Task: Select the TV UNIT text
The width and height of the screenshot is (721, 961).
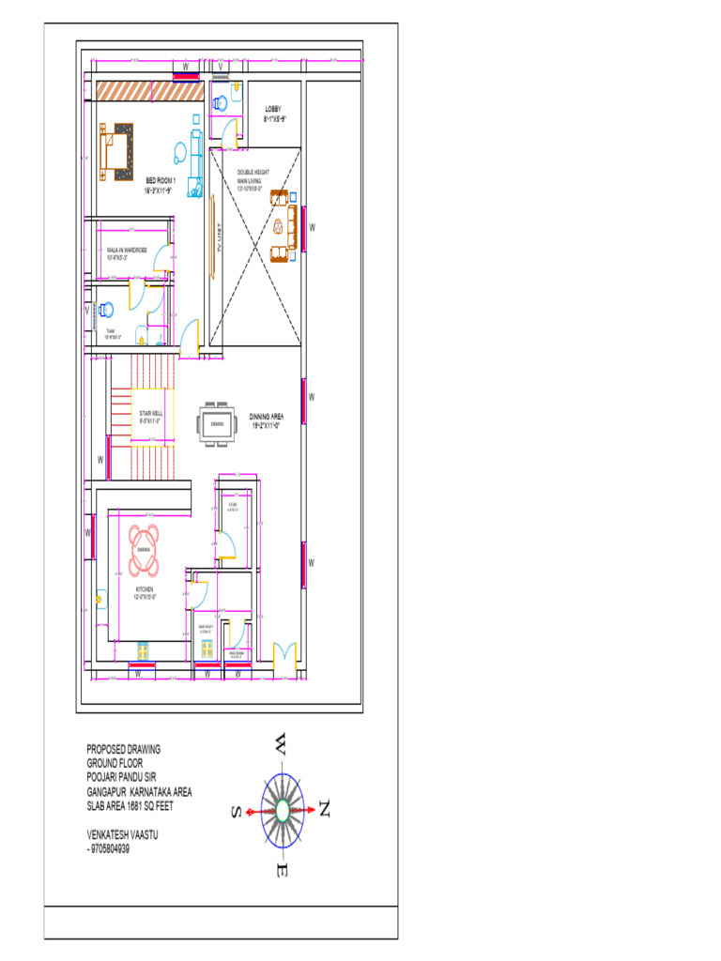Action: tap(219, 241)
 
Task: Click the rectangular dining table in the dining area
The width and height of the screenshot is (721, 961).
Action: tap(216, 424)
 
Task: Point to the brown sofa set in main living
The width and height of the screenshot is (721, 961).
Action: tap(280, 224)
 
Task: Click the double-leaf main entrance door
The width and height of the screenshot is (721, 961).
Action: tap(284, 654)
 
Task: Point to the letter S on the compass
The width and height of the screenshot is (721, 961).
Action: tap(238, 811)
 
